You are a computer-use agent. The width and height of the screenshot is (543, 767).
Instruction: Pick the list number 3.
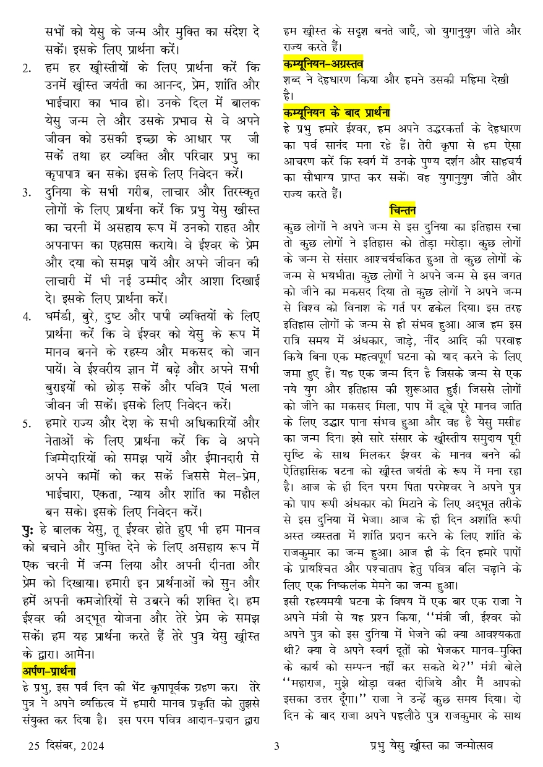tap(27, 192)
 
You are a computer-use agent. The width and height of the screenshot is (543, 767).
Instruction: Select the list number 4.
tap(27, 318)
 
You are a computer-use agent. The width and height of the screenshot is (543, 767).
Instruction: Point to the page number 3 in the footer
tap(277, 746)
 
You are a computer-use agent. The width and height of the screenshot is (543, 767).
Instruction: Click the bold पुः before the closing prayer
tap(29, 529)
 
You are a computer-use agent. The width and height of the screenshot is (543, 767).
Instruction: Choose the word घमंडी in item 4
tap(61, 318)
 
